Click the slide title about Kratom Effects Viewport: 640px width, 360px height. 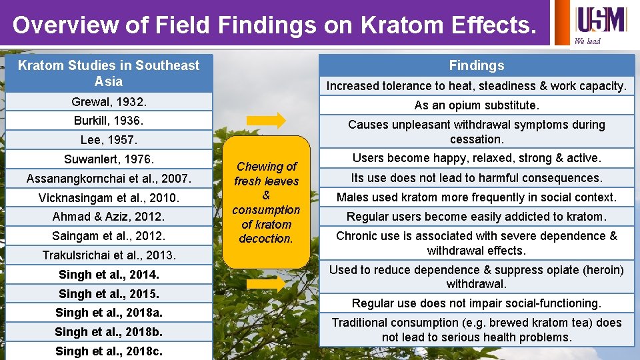[274, 25]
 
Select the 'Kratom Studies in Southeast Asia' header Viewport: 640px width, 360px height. [109, 73]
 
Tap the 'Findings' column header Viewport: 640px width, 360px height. [477, 65]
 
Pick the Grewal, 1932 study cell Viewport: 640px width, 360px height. [109, 102]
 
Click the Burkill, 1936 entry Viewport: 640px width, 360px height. [109, 121]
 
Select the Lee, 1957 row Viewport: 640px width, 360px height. [109, 140]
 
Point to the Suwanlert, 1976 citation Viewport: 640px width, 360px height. [109, 159]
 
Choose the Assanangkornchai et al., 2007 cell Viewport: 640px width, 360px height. [109, 179]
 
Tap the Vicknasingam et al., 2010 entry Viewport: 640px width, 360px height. [109, 198]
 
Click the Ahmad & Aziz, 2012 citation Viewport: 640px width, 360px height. [109, 217]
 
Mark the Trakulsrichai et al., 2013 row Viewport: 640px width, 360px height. [109, 255]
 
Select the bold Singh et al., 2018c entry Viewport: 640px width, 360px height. [109, 351]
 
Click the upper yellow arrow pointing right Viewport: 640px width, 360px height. [266, 121]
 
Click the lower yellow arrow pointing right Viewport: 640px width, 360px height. [266, 284]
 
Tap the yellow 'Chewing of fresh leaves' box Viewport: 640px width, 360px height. [267, 202]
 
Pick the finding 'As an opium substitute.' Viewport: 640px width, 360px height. [477, 105]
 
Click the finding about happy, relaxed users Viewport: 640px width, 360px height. [477, 158]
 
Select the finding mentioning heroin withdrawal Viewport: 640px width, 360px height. [477, 277]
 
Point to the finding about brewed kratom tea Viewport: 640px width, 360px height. [477, 330]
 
